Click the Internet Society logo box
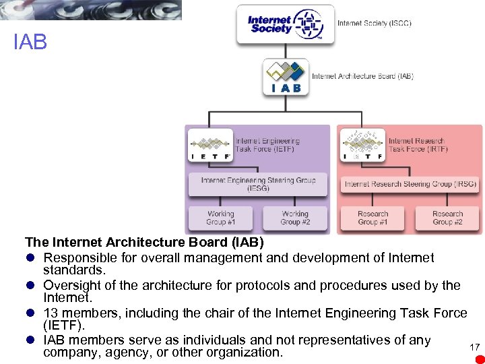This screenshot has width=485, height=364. tap(285, 25)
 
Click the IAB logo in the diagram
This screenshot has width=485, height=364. tap(286, 76)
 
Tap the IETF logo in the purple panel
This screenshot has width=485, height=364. tap(209, 145)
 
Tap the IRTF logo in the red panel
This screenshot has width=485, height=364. tap(362, 145)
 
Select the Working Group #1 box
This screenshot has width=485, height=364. tap(221, 218)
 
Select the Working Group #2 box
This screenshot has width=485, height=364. tap(295, 218)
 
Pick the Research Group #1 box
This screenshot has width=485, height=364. tap(373, 218)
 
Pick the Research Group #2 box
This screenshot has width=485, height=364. tap(447, 218)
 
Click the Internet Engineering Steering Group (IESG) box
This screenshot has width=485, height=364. tap(258, 183)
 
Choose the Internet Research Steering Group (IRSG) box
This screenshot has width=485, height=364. tap(410, 183)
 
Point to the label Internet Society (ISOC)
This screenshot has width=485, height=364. tap(374, 24)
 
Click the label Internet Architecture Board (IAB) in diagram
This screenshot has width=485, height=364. tap(362, 76)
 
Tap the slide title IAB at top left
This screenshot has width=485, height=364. tap(30, 43)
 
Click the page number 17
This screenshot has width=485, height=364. tap(474, 346)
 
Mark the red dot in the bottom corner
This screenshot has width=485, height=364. tap(480, 359)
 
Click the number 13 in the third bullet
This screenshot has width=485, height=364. tap(51, 313)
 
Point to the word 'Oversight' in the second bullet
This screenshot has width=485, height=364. tap(71, 285)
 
